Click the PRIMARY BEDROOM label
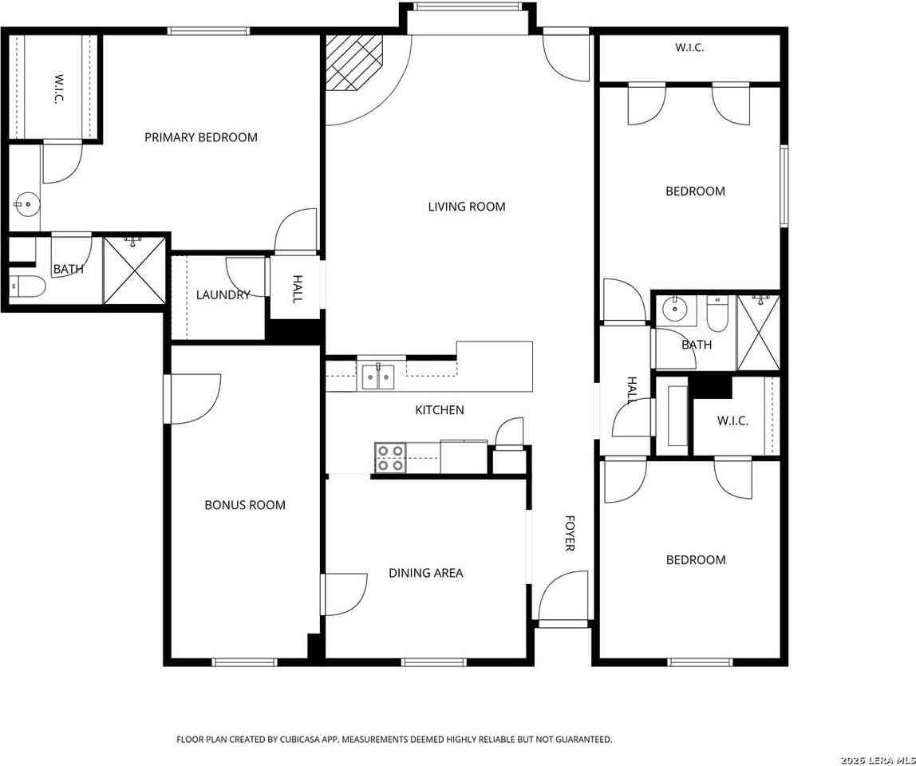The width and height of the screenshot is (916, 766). click(x=201, y=137)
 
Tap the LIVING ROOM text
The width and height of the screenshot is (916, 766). click(x=467, y=206)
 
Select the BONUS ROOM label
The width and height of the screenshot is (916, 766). click(x=245, y=505)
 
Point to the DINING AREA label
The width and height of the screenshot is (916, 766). click(x=426, y=573)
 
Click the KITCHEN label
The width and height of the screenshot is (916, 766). click(x=440, y=410)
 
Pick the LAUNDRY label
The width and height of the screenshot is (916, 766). click(x=223, y=295)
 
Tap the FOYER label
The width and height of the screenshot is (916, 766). click(x=571, y=533)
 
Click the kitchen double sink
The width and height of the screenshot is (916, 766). click(x=378, y=377)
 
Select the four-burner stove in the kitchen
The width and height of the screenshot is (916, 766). click(x=391, y=457)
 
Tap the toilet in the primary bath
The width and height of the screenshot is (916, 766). click(x=27, y=286)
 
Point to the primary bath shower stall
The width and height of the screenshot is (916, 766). click(x=134, y=270)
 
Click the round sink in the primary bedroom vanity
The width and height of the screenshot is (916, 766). click(x=26, y=204)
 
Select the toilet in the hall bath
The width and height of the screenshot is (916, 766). click(x=717, y=313)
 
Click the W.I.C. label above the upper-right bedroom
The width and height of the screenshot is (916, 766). click(x=689, y=48)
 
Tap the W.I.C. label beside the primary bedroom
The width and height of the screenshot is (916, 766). click(x=57, y=89)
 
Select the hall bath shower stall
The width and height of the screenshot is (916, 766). click(x=758, y=333)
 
